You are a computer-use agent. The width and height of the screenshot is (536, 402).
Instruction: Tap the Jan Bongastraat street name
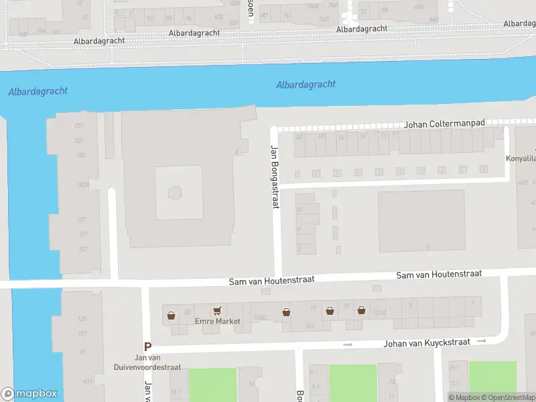[274, 177]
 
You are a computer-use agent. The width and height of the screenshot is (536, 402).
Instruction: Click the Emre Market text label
[217, 322]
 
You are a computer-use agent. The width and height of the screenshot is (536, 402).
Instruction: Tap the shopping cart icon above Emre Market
[217, 312]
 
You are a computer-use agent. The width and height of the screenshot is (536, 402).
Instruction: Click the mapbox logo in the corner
[29, 394]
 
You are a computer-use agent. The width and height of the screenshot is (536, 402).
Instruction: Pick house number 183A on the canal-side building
[82, 185]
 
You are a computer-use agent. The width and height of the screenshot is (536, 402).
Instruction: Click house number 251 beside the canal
[79, 126]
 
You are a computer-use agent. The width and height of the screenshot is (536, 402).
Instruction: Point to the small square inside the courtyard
[175, 193]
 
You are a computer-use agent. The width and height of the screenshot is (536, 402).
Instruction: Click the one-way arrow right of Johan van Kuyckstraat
[482, 341]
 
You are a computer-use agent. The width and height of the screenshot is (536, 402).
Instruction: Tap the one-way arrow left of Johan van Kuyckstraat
[347, 344]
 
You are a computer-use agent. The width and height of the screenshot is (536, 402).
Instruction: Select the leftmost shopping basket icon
[172, 314]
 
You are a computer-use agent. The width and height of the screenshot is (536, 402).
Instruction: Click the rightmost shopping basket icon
[361, 310]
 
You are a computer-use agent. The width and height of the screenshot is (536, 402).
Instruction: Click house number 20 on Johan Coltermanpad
[299, 136]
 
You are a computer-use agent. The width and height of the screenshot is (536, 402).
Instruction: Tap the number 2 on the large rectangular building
[427, 247]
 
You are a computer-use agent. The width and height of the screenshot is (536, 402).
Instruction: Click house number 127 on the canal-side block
[83, 249]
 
